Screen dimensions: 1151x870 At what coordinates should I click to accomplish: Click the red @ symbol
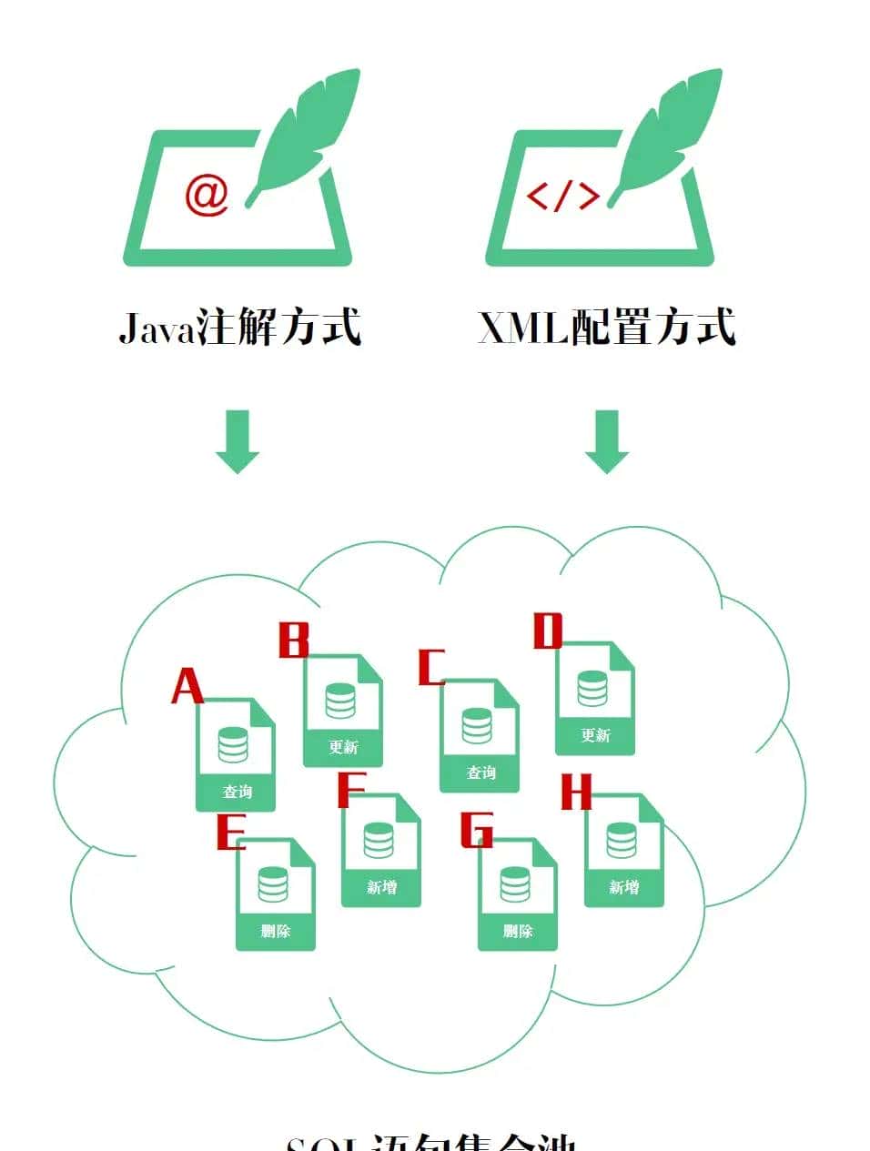coord(207,194)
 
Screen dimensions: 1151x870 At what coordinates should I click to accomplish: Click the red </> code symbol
coord(563,196)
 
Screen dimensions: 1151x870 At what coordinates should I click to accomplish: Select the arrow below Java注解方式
coord(238,441)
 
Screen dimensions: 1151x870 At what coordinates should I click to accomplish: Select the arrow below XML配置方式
coord(606,441)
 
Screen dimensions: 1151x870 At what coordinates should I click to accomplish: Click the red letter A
coord(187,686)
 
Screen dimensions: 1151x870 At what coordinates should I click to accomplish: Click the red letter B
coord(293,641)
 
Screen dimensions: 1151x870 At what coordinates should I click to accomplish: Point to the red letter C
coord(430,668)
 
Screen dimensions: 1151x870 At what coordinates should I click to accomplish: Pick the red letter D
coord(548,631)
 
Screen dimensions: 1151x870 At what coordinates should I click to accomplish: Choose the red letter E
coord(231,832)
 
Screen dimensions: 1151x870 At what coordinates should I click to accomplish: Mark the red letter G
coord(476,830)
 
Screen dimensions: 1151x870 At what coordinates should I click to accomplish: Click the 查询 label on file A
coord(237,792)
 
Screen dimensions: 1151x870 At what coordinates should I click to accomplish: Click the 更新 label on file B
coord(343,747)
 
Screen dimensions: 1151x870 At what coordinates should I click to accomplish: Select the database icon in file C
coord(477,725)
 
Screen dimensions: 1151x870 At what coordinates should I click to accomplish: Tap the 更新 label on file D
coord(595,735)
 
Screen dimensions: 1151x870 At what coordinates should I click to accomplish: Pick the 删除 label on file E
coord(275,931)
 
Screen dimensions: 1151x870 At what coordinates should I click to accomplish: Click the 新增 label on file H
coord(623,887)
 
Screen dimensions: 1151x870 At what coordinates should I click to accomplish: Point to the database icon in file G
coord(515,883)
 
